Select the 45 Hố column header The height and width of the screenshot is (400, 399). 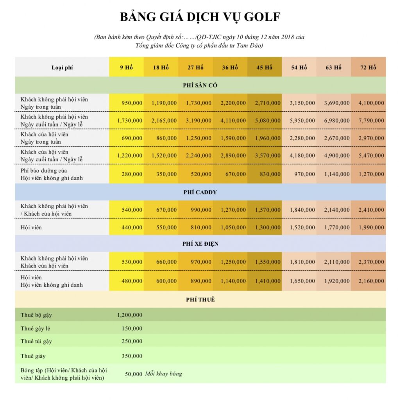264,67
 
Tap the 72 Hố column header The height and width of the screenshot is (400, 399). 368,67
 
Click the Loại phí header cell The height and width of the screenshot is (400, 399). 62,67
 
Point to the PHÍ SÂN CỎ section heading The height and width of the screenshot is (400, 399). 200,85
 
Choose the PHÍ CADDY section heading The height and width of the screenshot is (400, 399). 200,192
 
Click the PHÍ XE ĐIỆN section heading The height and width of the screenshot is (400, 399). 200,244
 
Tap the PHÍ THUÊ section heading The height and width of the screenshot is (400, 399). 200,300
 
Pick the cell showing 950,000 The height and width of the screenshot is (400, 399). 132,103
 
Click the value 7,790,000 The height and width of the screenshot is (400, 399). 368,121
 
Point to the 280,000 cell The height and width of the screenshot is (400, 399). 132,174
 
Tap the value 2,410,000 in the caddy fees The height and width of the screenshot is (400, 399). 368,210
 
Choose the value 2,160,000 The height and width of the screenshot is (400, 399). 368,281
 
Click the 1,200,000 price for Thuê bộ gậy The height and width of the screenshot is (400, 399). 129,315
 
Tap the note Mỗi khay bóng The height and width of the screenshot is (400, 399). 163,374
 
